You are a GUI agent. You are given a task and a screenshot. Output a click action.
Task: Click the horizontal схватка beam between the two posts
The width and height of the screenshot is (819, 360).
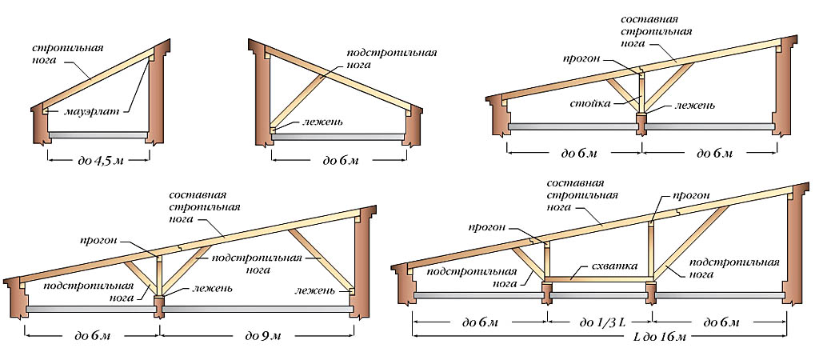pyautogui.click(x=600, y=280)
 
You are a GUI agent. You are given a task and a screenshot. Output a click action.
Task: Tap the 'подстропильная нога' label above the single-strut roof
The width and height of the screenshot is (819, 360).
pyautogui.click(x=391, y=61)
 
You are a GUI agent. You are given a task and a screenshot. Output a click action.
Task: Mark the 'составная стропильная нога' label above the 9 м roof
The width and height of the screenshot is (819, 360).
pyautogui.click(x=205, y=206)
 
